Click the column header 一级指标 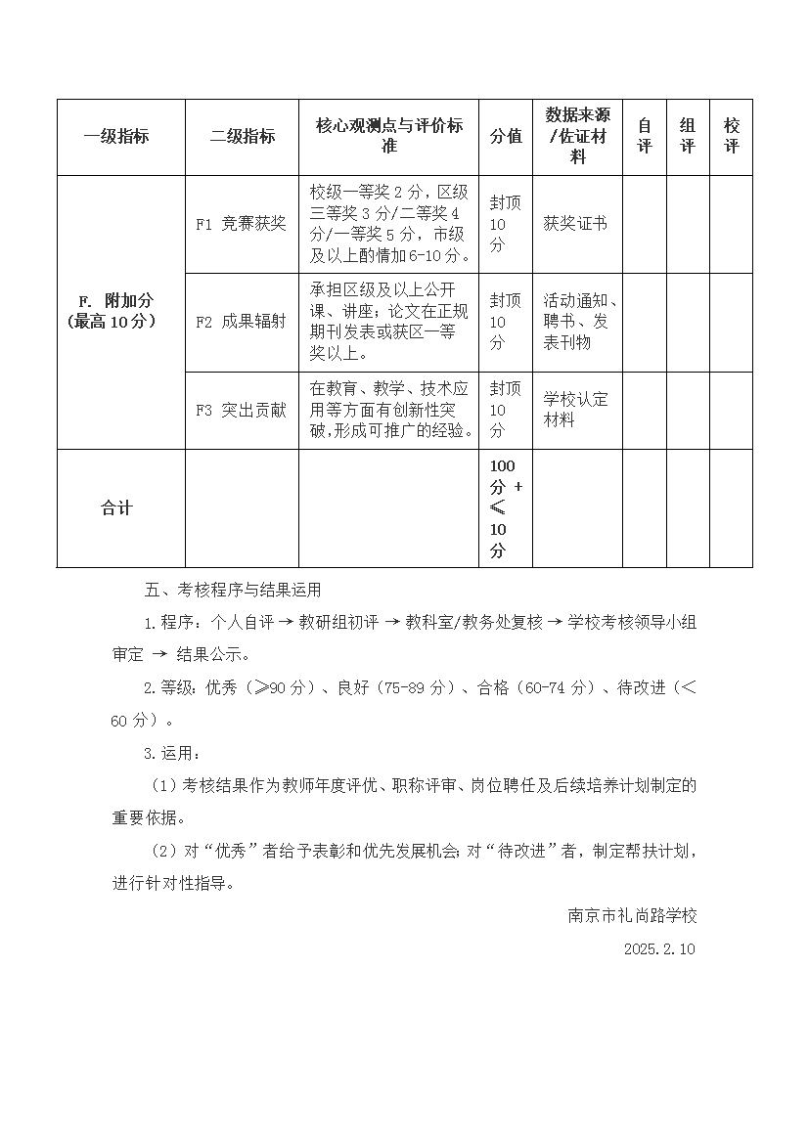coord(116,137)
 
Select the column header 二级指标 coord(243,137)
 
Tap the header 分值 coord(506,137)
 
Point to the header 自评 coord(645,137)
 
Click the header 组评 coord(688,137)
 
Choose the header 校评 coord(732,137)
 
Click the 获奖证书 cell coord(575,224)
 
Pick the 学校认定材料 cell coord(575,410)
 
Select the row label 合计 coord(116,508)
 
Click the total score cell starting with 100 coord(506,508)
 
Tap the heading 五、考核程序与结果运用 coord(232,591)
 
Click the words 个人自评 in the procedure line coord(236,623)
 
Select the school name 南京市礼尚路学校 coord(633,916)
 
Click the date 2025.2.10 coord(659,949)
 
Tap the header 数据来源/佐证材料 coord(577,137)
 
